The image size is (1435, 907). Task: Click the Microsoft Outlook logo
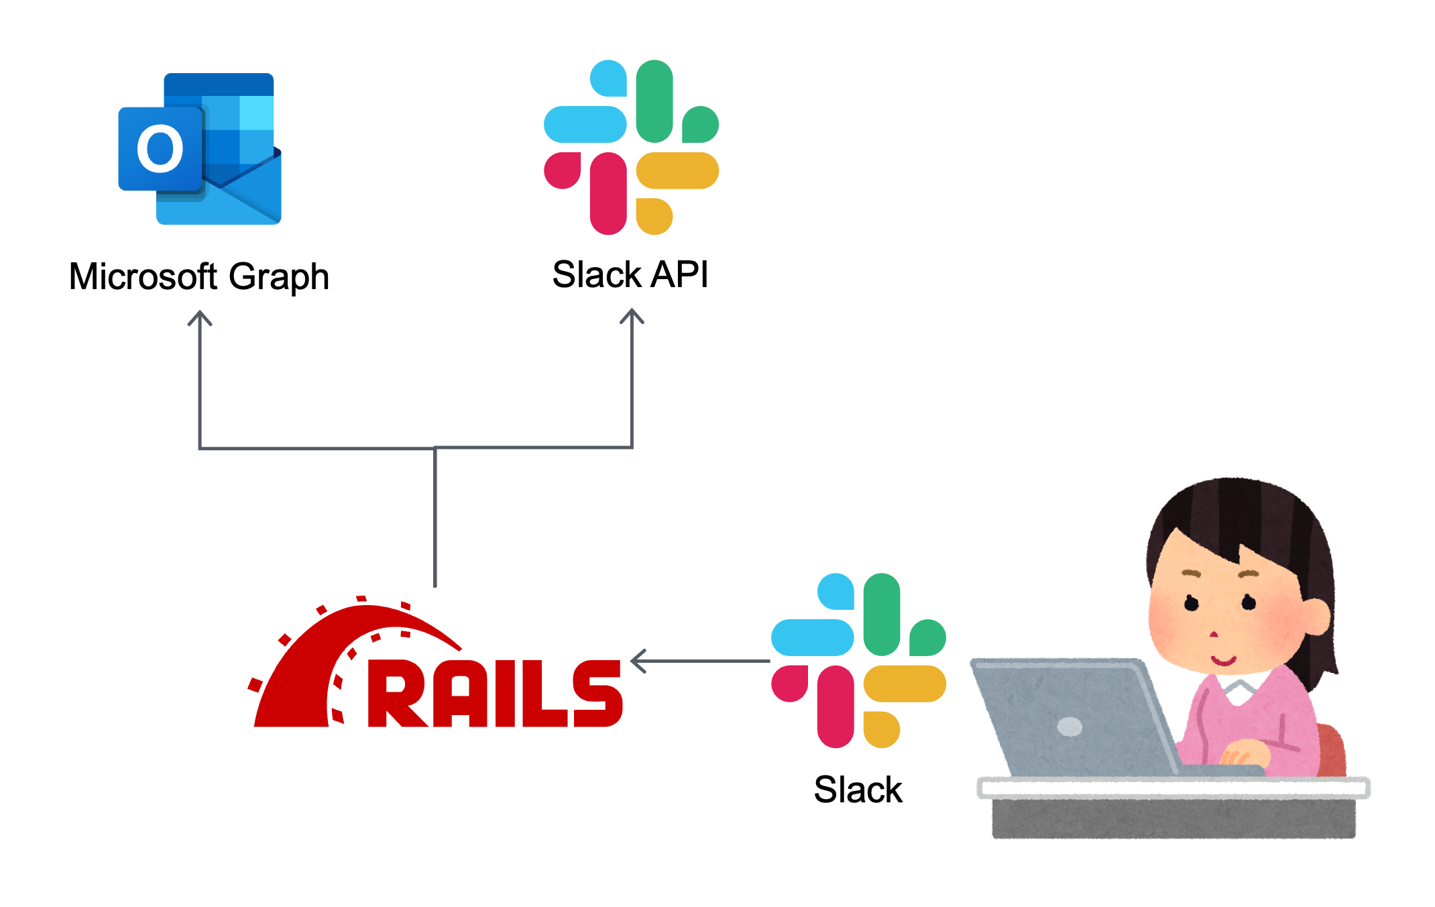point(200,149)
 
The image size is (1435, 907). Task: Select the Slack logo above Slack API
point(631,147)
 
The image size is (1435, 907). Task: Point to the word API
point(679,274)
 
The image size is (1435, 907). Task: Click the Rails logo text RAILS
point(495,694)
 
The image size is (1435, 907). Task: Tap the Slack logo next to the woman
point(858,661)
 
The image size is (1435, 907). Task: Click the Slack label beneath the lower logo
point(858,790)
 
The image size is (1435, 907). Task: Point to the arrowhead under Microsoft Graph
point(200,318)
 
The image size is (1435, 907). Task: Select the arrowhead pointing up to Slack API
point(632,316)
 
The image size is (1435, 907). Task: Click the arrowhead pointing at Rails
point(638,661)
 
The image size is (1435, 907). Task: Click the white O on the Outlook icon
point(160,148)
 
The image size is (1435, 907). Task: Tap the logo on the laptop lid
point(1069,726)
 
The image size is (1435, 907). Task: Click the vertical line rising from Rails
point(435,517)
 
